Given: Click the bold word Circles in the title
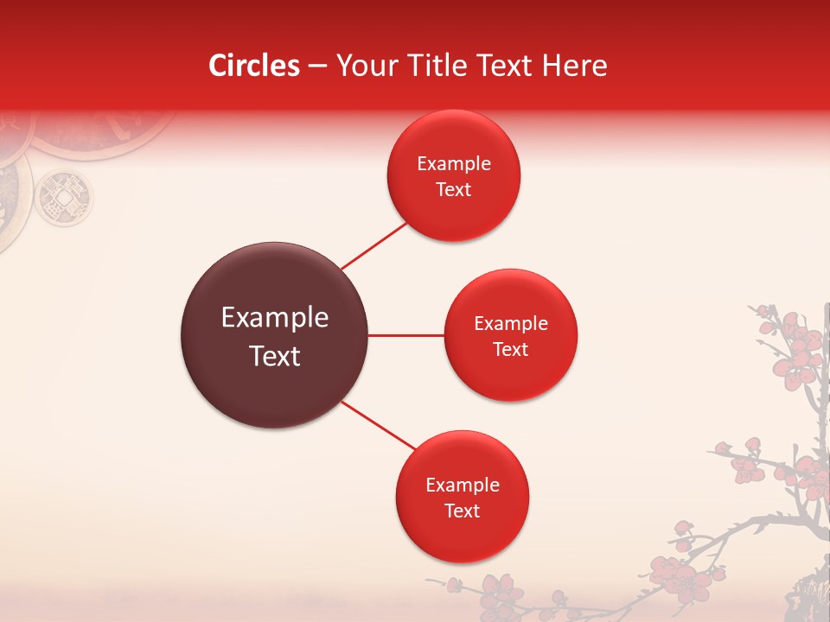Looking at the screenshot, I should [253, 66].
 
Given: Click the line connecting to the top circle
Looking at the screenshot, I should [374, 246].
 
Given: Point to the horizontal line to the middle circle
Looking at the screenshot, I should [405, 335].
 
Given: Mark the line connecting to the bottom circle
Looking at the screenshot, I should [379, 426].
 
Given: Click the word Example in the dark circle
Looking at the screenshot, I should [274, 318].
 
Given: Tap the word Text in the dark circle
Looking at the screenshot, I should [274, 356].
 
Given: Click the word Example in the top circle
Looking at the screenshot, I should [453, 164].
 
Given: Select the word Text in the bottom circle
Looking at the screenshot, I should [462, 511].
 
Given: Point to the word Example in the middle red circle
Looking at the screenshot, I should [510, 324].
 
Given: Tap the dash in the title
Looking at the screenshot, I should [317, 67].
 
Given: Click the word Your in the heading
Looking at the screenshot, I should [363, 66].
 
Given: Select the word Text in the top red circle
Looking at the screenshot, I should [453, 190].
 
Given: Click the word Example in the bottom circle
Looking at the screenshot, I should [462, 486].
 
